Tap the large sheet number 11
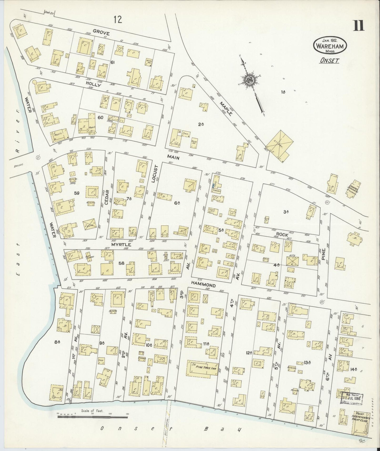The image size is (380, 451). click(359, 26)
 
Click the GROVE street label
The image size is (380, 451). click(101, 33)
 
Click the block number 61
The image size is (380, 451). click(113, 62)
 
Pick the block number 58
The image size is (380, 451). click(121, 263)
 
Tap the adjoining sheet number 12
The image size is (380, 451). click(118, 20)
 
